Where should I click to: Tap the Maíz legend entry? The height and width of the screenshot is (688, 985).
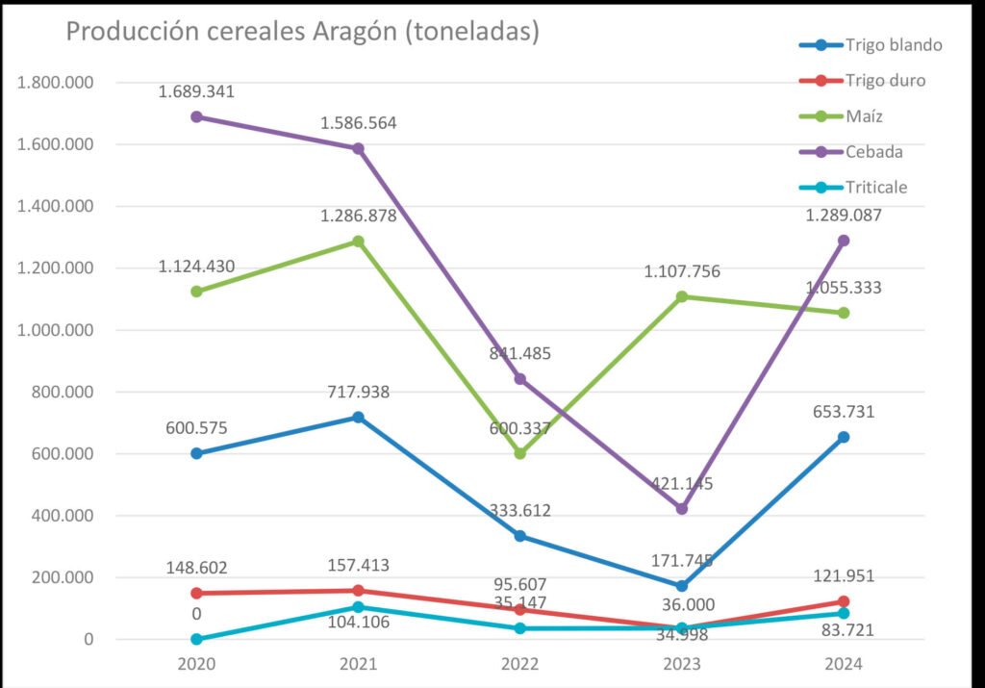(865, 116)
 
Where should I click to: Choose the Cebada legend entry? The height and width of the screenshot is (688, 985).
(874, 152)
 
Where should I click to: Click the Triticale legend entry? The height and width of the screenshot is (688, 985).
(876, 188)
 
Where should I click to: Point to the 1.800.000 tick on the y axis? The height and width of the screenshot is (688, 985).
(56, 83)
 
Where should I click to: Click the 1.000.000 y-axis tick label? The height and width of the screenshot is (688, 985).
(56, 330)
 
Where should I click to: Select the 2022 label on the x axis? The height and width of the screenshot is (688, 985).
(519, 664)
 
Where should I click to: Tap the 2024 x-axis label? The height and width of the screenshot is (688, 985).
(844, 664)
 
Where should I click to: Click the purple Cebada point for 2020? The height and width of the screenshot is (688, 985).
(196, 116)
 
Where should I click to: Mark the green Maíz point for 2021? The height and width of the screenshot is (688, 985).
(358, 242)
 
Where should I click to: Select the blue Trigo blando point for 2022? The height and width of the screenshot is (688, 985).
(519, 536)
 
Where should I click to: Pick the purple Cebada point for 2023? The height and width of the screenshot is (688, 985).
(682, 508)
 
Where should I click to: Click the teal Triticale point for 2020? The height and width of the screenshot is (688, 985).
(196, 639)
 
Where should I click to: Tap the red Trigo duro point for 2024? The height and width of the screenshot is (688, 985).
(844, 601)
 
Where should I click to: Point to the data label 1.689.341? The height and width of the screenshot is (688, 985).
(196, 92)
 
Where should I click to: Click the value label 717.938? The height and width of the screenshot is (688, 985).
(358, 392)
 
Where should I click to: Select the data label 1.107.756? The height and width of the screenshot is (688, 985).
(682, 272)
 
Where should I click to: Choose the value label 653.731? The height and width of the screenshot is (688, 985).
(844, 412)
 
